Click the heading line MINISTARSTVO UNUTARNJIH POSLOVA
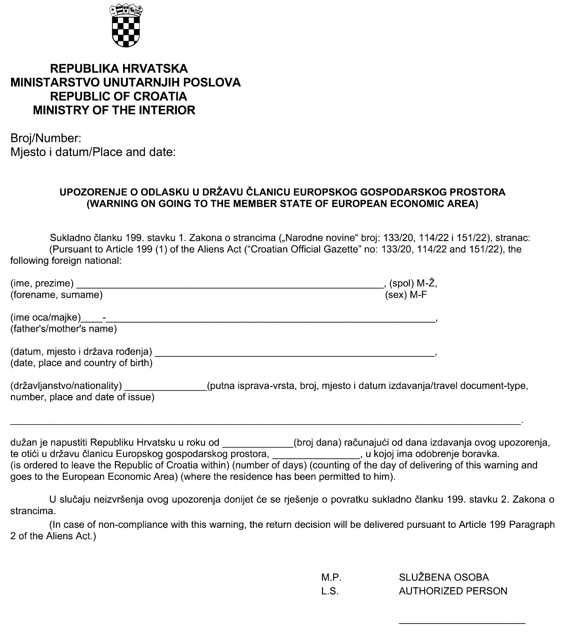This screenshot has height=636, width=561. (126, 82)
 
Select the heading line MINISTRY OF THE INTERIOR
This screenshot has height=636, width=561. (114, 110)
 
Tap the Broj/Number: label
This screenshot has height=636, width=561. (46, 138)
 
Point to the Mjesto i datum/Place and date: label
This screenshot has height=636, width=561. (93, 152)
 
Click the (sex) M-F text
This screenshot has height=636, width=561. (406, 295)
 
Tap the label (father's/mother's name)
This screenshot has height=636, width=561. (64, 329)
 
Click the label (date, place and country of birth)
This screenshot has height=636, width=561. (81, 363)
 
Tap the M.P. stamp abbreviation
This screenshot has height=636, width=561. (331, 578)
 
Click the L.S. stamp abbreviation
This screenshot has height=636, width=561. (330, 592)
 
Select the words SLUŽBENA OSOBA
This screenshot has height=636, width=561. (444, 578)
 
